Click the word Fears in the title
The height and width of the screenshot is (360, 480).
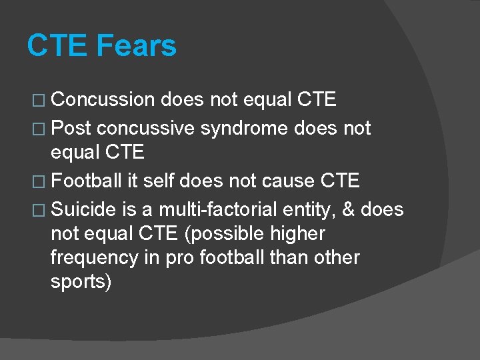coord(137,46)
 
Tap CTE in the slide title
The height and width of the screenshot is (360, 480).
coord(57,46)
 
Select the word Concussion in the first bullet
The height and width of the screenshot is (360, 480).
coord(103,100)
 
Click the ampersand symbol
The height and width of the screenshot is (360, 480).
coord(349,209)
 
